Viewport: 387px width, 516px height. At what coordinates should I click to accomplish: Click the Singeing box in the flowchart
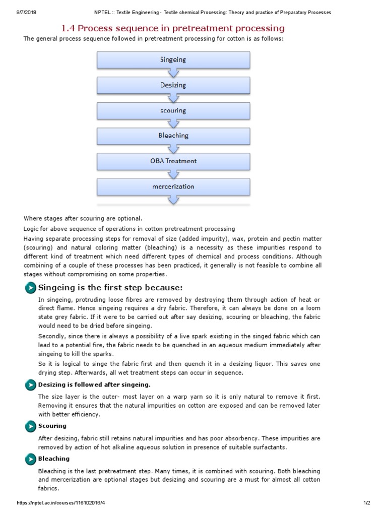point(173,59)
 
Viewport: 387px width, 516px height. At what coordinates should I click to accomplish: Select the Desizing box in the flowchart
point(173,85)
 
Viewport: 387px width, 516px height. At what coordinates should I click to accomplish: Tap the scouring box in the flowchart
point(173,110)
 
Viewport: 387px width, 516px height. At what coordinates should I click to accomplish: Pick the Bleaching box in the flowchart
point(173,136)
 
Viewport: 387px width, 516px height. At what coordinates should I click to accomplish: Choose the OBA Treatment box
point(173,161)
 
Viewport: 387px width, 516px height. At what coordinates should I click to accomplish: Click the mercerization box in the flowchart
point(173,186)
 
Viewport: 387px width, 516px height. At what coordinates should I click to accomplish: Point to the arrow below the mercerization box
point(173,200)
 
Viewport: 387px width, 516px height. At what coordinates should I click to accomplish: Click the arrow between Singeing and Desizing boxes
point(173,72)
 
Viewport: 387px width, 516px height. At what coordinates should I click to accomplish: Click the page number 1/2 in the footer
point(366,503)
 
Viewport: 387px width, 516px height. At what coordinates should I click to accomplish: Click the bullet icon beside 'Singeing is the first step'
point(30,288)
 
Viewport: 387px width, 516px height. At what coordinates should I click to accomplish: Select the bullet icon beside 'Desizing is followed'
point(30,385)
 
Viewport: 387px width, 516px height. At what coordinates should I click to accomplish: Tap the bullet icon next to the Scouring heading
point(30,427)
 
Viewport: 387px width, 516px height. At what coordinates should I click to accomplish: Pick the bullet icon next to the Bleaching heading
point(30,459)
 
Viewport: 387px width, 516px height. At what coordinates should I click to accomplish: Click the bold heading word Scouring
point(52,426)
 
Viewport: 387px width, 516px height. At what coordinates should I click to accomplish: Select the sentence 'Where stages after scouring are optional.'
point(83,218)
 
